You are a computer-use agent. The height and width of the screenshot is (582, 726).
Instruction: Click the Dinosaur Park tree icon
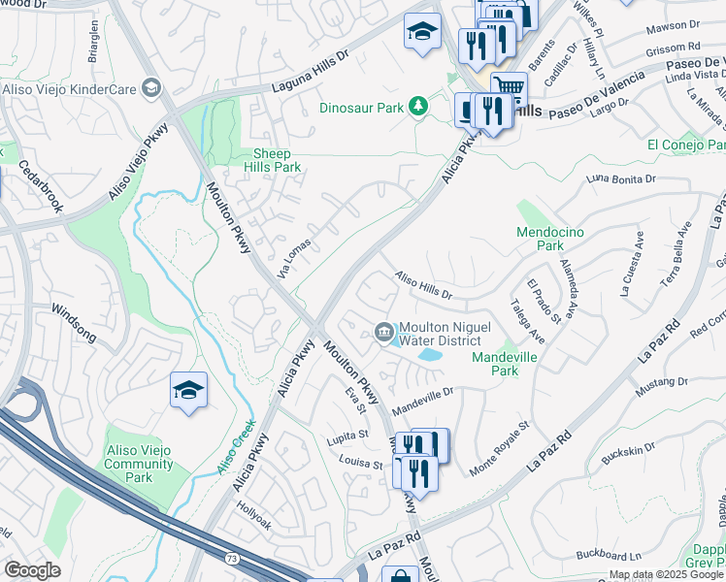pyautogui.click(x=418, y=106)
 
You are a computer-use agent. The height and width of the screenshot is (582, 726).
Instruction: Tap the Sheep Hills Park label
pyautogui.click(x=278, y=160)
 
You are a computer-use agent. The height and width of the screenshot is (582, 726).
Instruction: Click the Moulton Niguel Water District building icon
pyautogui.click(x=384, y=333)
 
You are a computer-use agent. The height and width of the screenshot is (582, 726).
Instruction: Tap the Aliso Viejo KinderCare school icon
pyautogui.click(x=150, y=89)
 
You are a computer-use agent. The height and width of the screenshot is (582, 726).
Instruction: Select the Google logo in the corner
pyautogui.click(x=33, y=570)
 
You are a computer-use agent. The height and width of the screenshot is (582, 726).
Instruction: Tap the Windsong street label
pyautogui.click(x=74, y=322)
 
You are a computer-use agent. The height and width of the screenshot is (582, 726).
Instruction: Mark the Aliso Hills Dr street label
pyautogui.click(x=423, y=285)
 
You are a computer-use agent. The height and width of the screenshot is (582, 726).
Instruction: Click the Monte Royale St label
pyautogui.click(x=499, y=447)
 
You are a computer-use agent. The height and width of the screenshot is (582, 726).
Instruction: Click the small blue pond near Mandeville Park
pyautogui.click(x=428, y=356)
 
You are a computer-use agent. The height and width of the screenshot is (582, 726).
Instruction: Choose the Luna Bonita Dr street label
pyautogui.click(x=622, y=179)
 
